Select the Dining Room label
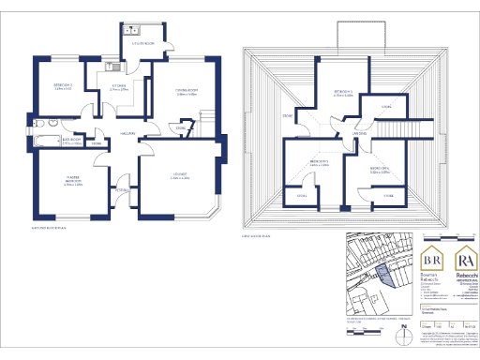point(185,91)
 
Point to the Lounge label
point(180,174)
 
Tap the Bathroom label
point(73,139)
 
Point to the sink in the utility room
point(136,28)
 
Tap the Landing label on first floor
point(359,134)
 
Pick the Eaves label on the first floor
point(288,115)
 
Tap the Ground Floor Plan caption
point(49,228)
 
